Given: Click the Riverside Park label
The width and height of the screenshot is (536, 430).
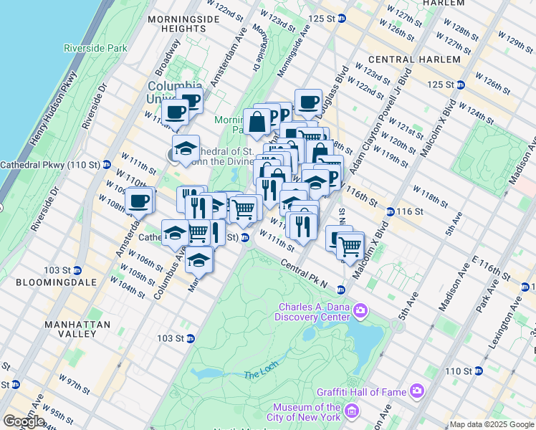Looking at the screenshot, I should pyautogui.click(x=95, y=48).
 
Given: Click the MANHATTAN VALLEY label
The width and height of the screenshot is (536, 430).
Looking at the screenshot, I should pyautogui.click(x=70, y=329).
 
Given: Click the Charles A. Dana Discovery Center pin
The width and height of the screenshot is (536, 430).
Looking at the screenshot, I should pyautogui.click(x=360, y=311).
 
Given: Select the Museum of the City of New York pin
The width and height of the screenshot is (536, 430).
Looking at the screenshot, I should pyautogui.click(x=352, y=411).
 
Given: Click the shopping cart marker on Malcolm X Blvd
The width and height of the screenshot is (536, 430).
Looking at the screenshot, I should pyautogui.click(x=350, y=245).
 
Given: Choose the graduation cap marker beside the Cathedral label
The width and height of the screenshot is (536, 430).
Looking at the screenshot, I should pyautogui.click(x=186, y=148).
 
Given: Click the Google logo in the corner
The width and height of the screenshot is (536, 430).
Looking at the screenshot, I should pyautogui.click(x=24, y=421).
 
